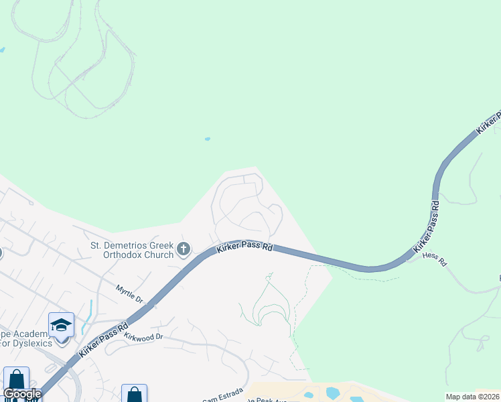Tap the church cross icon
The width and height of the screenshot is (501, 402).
[184, 250]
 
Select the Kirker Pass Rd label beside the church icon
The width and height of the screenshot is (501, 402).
[244, 248]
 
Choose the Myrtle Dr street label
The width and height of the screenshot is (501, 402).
[129, 293]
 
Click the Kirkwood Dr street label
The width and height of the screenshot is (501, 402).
[143, 336]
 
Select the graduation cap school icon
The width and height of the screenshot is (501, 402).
[61, 325]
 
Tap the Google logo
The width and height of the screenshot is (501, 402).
[23, 394]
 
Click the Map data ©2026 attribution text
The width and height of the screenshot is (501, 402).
[472, 397]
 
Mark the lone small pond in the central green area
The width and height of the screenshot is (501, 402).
[208, 139]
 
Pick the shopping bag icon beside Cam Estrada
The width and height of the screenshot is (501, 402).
[134, 394]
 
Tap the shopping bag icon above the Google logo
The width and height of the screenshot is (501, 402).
[16, 379]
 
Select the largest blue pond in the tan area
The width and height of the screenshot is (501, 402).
[333, 393]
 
